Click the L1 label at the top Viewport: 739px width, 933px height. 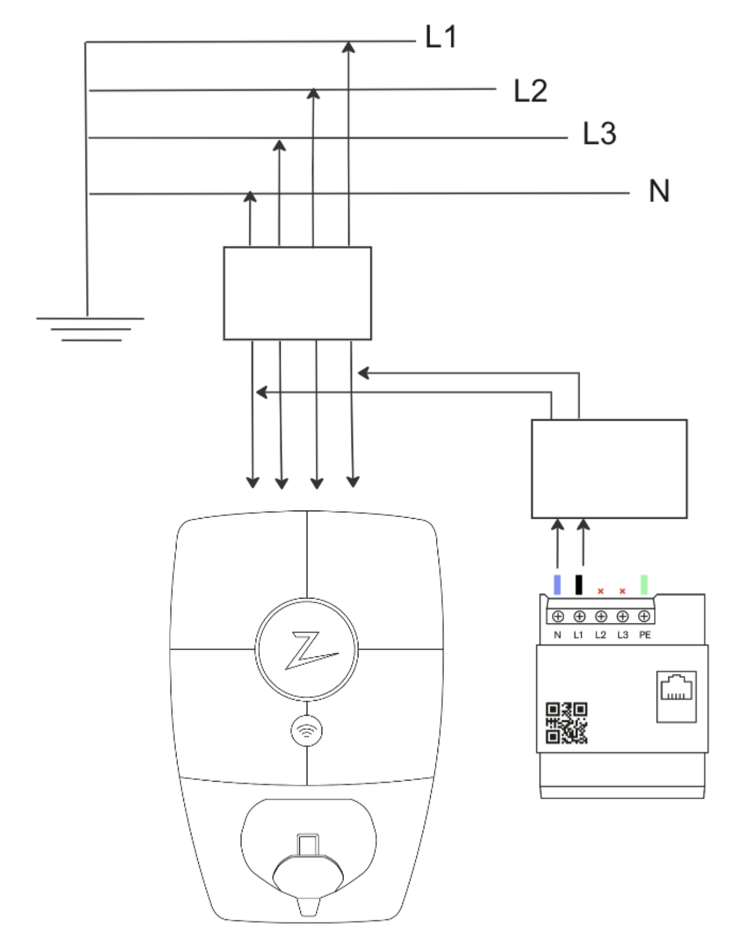point(441,37)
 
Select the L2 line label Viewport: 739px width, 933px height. point(530,91)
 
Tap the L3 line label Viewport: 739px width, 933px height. point(599,134)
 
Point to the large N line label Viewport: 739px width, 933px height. point(659,190)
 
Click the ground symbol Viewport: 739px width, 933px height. point(90,328)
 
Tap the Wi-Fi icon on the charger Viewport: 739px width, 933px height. point(307,731)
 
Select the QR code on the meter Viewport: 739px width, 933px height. point(567,723)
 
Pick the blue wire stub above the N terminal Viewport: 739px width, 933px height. point(557,584)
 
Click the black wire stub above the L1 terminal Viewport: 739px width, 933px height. point(579,584)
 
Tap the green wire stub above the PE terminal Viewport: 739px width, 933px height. point(644,584)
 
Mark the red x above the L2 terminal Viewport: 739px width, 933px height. point(601,591)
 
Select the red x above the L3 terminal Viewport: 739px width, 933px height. point(623,591)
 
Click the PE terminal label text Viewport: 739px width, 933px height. point(645,635)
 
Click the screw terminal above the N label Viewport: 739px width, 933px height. point(558,617)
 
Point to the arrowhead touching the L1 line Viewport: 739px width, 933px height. point(349,47)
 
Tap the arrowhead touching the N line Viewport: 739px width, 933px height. point(250,196)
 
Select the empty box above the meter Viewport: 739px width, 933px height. point(609,469)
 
